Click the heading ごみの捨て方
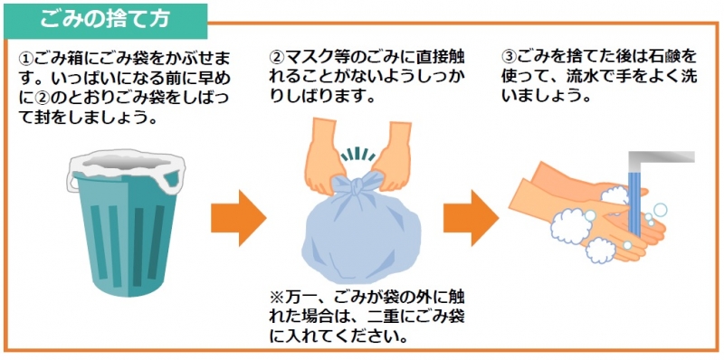point(105,19)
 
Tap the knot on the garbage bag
point(357,187)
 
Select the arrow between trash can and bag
point(239,218)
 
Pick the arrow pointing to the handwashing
point(471,218)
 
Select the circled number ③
point(508,57)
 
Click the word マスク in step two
point(306,57)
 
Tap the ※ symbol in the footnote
point(277,295)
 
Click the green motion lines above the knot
point(357,155)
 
